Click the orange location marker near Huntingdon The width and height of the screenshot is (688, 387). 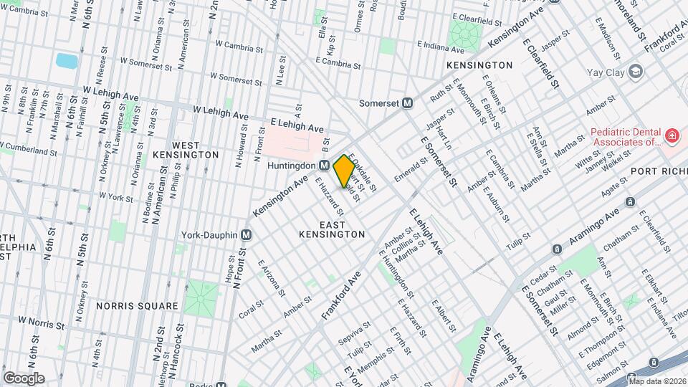[344, 170]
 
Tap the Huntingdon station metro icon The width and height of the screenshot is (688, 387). [325, 166]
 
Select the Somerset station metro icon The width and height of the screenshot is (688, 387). [408, 102]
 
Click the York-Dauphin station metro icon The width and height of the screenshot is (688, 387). [247, 234]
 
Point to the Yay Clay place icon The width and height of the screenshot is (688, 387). [635, 71]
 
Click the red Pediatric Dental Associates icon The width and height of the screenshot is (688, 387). [672, 135]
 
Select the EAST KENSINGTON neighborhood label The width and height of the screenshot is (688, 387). [332, 229]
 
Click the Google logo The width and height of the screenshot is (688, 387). [24, 378]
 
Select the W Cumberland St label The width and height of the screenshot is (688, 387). [29, 150]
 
